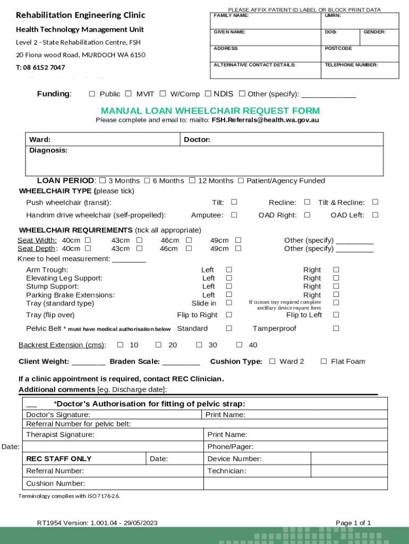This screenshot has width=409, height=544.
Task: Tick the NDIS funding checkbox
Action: coord(208,93)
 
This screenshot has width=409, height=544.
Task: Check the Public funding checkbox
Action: coord(92,94)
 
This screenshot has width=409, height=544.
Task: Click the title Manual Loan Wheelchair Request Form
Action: coord(210,110)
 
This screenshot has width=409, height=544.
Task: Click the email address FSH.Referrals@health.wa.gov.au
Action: coord(265,120)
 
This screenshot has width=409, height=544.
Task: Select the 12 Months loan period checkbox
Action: coord(192,181)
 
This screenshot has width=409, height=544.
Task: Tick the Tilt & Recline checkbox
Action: coord(375,202)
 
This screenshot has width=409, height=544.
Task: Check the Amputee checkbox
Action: coord(234,215)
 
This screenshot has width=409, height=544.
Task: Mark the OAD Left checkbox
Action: coord(375,215)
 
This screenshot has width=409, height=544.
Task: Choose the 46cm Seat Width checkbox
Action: coord(189,240)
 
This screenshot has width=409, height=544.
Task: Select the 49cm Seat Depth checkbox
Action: coord(238,249)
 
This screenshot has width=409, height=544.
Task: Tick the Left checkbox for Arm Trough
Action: coord(229,270)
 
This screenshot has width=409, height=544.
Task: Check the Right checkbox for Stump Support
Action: coord(336,286)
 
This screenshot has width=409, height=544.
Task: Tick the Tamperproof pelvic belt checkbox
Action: coord(336,328)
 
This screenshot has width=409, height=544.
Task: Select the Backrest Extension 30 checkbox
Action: coord(199,345)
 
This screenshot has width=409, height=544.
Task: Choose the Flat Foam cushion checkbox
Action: coord(323,361)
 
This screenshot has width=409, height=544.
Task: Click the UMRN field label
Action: coord(333,15)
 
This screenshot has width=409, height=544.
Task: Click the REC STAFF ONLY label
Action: coord(59,458)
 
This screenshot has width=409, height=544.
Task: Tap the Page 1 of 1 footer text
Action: coord(353,523)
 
